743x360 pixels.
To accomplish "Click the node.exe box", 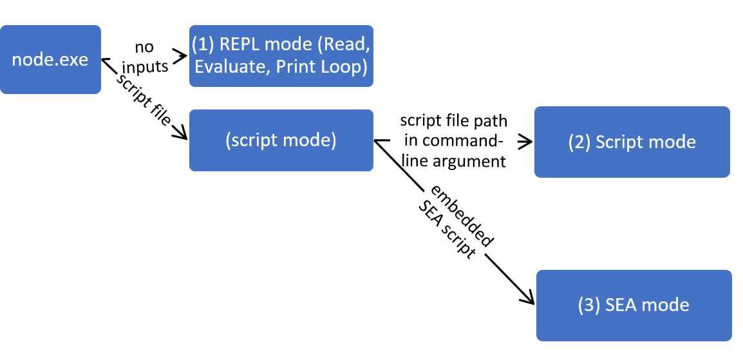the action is tap(50, 60).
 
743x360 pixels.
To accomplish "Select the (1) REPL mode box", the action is tap(281, 56).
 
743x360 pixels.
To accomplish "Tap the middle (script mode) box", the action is tap(281, 140).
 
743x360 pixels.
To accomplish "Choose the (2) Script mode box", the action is tap(632, 142).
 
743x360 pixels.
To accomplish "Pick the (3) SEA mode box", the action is tap(634, 305).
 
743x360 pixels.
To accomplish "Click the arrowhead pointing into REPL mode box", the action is tap(180, 57).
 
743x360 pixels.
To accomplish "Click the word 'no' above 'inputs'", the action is tap(144, 48).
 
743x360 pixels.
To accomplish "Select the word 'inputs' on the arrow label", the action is tap(145, 66).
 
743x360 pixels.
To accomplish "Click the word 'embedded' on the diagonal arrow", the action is tap(460, 216).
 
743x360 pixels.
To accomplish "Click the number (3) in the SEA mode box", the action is tap(590, 305).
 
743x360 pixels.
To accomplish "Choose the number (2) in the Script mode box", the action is tap(579, 142).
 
